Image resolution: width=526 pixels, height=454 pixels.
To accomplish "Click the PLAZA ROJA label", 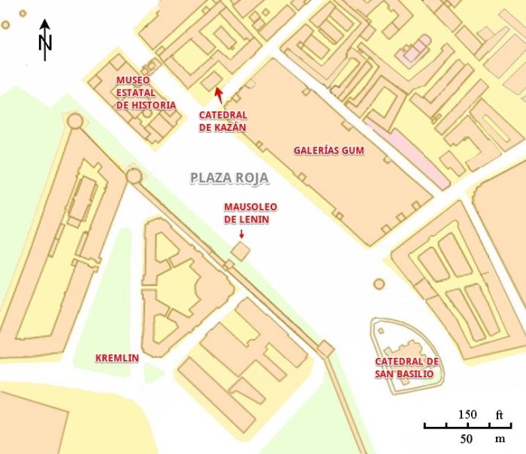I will pyautogui.click(x=228, y=178).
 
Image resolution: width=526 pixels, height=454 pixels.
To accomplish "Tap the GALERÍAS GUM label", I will pyautogui.click(x=328, y=150).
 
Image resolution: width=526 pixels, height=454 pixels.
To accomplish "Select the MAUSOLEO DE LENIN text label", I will pyautogui.click(x=251, y=213).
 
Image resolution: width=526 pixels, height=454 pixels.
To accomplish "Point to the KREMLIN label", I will pyautogui.click(x=116, y=358).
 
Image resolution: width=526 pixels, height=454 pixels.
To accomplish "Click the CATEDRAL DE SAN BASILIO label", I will pyautogui.click(x=408, y=368).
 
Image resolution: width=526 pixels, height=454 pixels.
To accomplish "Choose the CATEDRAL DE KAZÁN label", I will pyautogui.click(x=222, y=121).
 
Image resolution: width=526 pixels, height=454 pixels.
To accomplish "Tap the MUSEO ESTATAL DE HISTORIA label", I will pyautogui.click(x=146, y=92).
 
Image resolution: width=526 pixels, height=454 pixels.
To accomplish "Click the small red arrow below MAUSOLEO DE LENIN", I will pyautogui.click(x=241, y=235).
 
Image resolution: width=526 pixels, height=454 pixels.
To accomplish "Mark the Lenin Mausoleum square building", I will pyautogui.click(x=240, y=251).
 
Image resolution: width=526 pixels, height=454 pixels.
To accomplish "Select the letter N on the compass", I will pyautogui.click(x=45, y=44).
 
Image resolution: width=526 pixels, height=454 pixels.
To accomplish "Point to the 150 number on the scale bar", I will pyautogui.click(x=467, y=414).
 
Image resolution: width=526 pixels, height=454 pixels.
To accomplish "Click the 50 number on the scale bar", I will pyautogui.click(x=467, y=438).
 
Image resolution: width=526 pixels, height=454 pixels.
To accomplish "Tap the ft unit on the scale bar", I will pyautogui.click(x=500, y=414).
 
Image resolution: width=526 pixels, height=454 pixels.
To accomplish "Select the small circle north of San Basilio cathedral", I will pyautogui.click(x=379, y=284).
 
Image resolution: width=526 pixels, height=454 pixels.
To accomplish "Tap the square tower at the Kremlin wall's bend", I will pyautogui.click(x=325, y=349).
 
